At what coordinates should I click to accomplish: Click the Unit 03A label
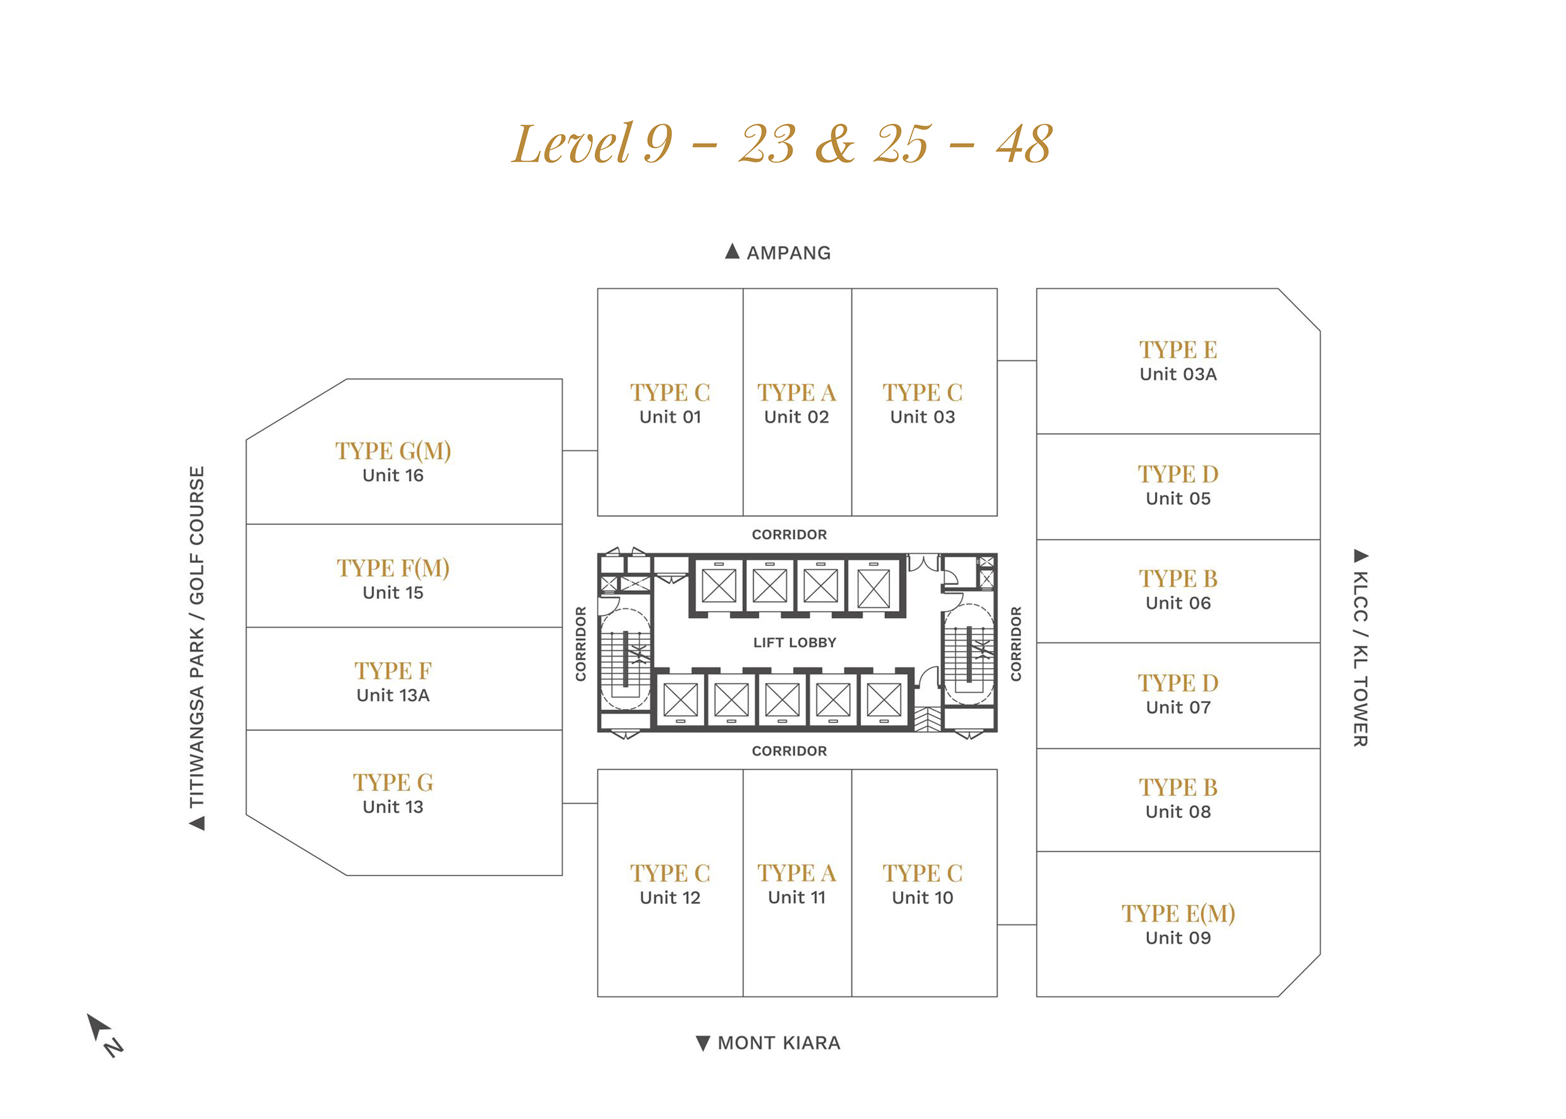coord(1178,374)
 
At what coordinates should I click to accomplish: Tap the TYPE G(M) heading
coord(393,451)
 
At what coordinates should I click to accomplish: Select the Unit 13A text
coord(393,695)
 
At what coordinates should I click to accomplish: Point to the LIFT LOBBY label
coord(795,642)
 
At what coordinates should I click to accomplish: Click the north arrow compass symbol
coord(103,1033)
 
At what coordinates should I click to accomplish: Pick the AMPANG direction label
coord(778,252)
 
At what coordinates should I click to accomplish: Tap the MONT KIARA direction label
coord(768,1043)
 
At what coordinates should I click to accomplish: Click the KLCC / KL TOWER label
coord(1360,648)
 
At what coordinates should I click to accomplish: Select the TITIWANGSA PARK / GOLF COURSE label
coord(197,648)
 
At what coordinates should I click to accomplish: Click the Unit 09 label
coord(1178,938)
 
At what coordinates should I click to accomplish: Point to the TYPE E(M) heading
coord(1178,913)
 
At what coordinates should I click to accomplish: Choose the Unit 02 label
coord(796,417)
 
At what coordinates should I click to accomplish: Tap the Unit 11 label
coord(796,897)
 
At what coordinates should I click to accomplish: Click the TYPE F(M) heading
coord(393,568)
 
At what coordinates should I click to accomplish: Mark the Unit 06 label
coord(1178,603)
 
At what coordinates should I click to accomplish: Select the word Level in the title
coord(571,143)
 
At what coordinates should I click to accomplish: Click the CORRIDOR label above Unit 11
coord(789,751)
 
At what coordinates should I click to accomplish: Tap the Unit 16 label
coord(393,475)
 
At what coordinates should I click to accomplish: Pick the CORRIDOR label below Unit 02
coord(789,535)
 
